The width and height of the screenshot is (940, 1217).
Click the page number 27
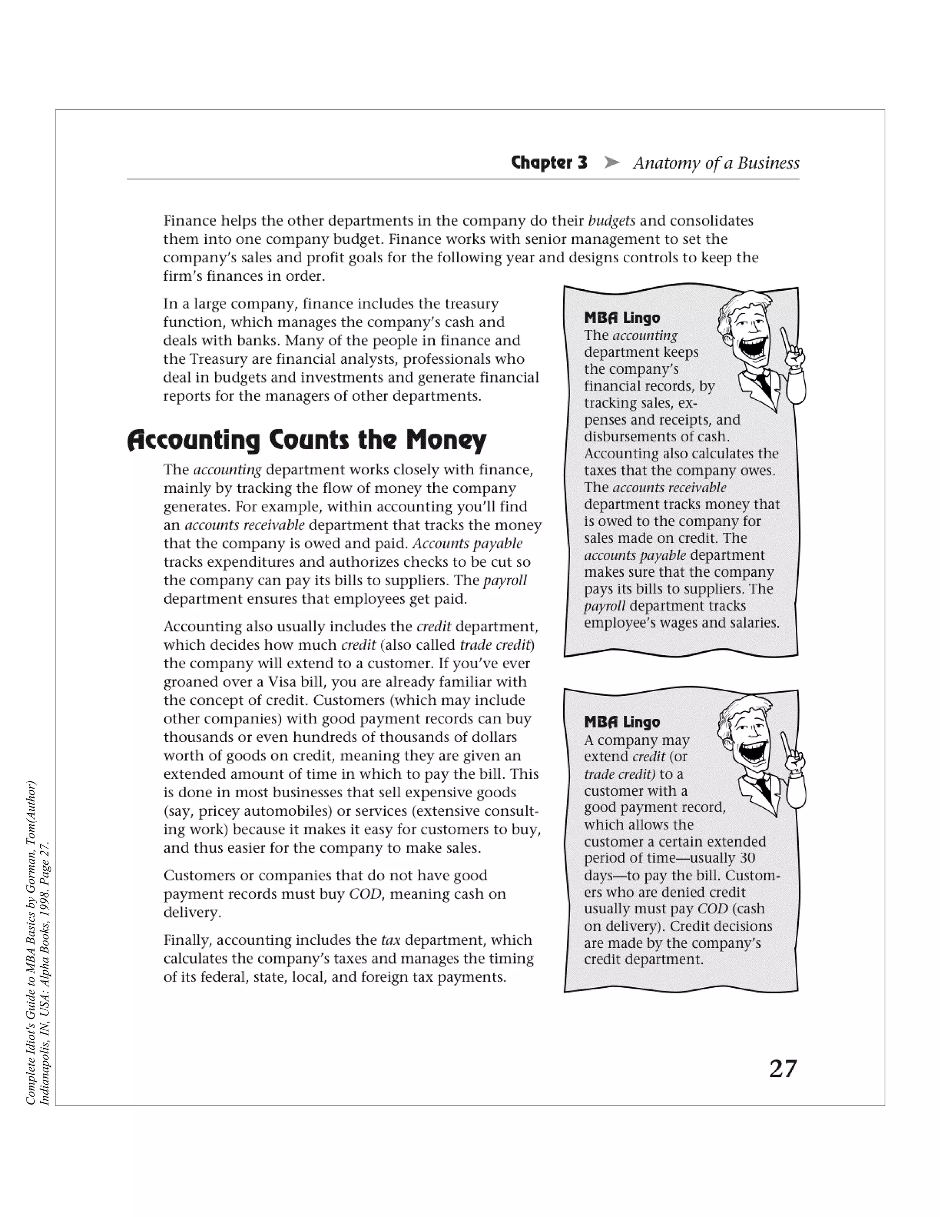(783, 1069)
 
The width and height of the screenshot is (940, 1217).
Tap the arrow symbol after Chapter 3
(611, 163)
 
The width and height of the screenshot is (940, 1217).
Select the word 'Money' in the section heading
(446, 440)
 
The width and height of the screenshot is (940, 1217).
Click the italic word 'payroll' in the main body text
(505, 580)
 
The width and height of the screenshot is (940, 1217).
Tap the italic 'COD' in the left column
(365, 894)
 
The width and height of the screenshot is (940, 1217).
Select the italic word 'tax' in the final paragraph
(391, 940)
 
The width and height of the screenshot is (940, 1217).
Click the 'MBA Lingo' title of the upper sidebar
(622, 318)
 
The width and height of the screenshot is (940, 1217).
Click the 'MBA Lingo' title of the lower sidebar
(622, 722)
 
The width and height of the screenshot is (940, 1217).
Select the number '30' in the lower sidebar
(747, 858)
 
